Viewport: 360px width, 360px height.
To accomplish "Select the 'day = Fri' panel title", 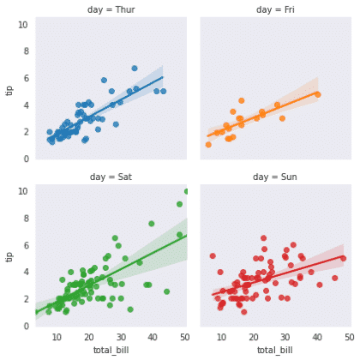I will pos(274,9).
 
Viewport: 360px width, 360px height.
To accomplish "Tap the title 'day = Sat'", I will pos(111,177).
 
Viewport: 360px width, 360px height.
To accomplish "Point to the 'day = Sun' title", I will pos(274,177).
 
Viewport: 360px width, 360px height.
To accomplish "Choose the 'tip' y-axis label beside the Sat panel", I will pos(9,258).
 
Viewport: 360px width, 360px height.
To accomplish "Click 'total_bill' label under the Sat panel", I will pos(111,351).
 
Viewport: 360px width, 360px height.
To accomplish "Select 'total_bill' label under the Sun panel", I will pos(274,351).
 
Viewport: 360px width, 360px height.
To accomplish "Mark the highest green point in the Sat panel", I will pos(186,191).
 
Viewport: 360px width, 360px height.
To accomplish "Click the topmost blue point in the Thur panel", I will pos(135,69).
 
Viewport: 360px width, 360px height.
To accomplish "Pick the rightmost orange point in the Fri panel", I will pos(317,94).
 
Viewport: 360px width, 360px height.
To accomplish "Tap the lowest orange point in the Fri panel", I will pos(208,145).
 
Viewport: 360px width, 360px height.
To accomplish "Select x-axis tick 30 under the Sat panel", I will pos(121,338).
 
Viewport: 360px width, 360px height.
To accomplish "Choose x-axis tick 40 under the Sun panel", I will pos(317,338).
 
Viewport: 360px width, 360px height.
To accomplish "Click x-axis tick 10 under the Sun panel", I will pos(222,338).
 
